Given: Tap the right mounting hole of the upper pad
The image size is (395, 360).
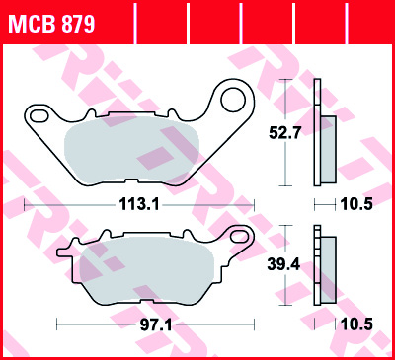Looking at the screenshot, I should pyautogui.click(x=235, y=99).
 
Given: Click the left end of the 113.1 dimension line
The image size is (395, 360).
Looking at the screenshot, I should pyautogui.click(x=25, y=206).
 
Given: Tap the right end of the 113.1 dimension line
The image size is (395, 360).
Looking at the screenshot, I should pyautogui.click(x=254, y=206).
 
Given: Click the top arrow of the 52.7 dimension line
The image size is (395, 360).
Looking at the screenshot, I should pyautogui.click(x=286, y=83).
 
